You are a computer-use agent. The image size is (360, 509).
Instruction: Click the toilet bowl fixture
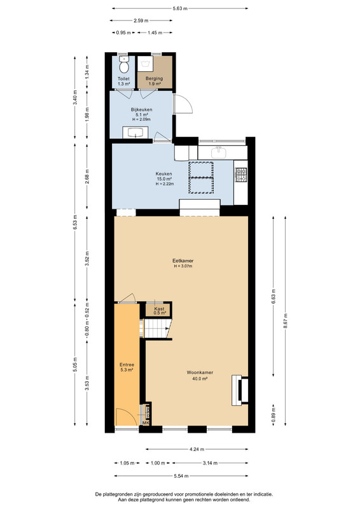point(123,64)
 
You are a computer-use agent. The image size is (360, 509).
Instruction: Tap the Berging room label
point(154,78)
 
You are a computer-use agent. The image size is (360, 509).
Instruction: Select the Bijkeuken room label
point(142,109)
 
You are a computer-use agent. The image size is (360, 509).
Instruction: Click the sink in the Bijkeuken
point(135,132)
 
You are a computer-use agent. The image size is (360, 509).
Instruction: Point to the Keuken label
point(164,174)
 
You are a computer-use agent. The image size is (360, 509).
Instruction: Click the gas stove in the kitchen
point(241,174)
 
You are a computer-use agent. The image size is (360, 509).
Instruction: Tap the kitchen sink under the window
point(219,151)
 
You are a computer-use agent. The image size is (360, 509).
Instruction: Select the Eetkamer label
point(183,260)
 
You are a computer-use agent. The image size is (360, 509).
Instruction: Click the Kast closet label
point(160,309)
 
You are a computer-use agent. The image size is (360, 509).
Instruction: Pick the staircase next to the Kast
point(157,328)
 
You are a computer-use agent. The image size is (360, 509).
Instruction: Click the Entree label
point(127,365)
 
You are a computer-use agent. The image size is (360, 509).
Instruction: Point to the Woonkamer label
point(200,372)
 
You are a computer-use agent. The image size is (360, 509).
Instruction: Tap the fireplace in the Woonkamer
point(240,390)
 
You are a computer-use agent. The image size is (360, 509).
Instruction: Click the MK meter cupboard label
point(146,423)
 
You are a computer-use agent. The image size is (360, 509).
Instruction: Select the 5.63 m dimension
point(180,8)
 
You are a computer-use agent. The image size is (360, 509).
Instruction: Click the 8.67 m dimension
point(286,321)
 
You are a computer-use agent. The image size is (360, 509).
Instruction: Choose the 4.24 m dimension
point(197,449)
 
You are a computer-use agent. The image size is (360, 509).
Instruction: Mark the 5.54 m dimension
point(181,476)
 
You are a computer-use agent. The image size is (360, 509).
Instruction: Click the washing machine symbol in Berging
point(145,63)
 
